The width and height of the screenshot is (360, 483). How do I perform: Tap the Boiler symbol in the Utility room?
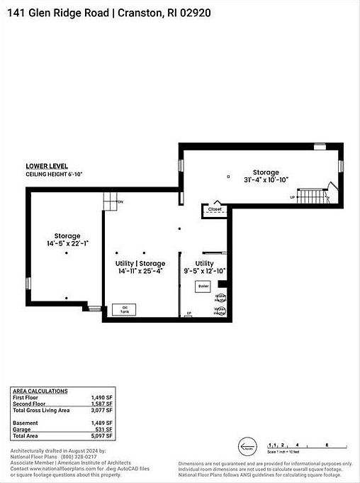(x=204, y=286)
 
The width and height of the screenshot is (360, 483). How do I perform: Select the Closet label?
(x=215, y=209)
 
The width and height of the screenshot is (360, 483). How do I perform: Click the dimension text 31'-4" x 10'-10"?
(x=266, y=180)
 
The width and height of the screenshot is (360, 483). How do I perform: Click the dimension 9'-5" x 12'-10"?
(x=205, y=271)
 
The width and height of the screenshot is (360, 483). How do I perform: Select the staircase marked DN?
(x=109, y=201)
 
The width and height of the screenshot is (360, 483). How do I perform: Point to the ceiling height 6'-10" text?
(x=55, y=174)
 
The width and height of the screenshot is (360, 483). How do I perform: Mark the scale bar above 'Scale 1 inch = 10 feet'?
(x=296, y=445)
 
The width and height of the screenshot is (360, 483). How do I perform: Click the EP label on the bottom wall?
(x=189, y=313)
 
